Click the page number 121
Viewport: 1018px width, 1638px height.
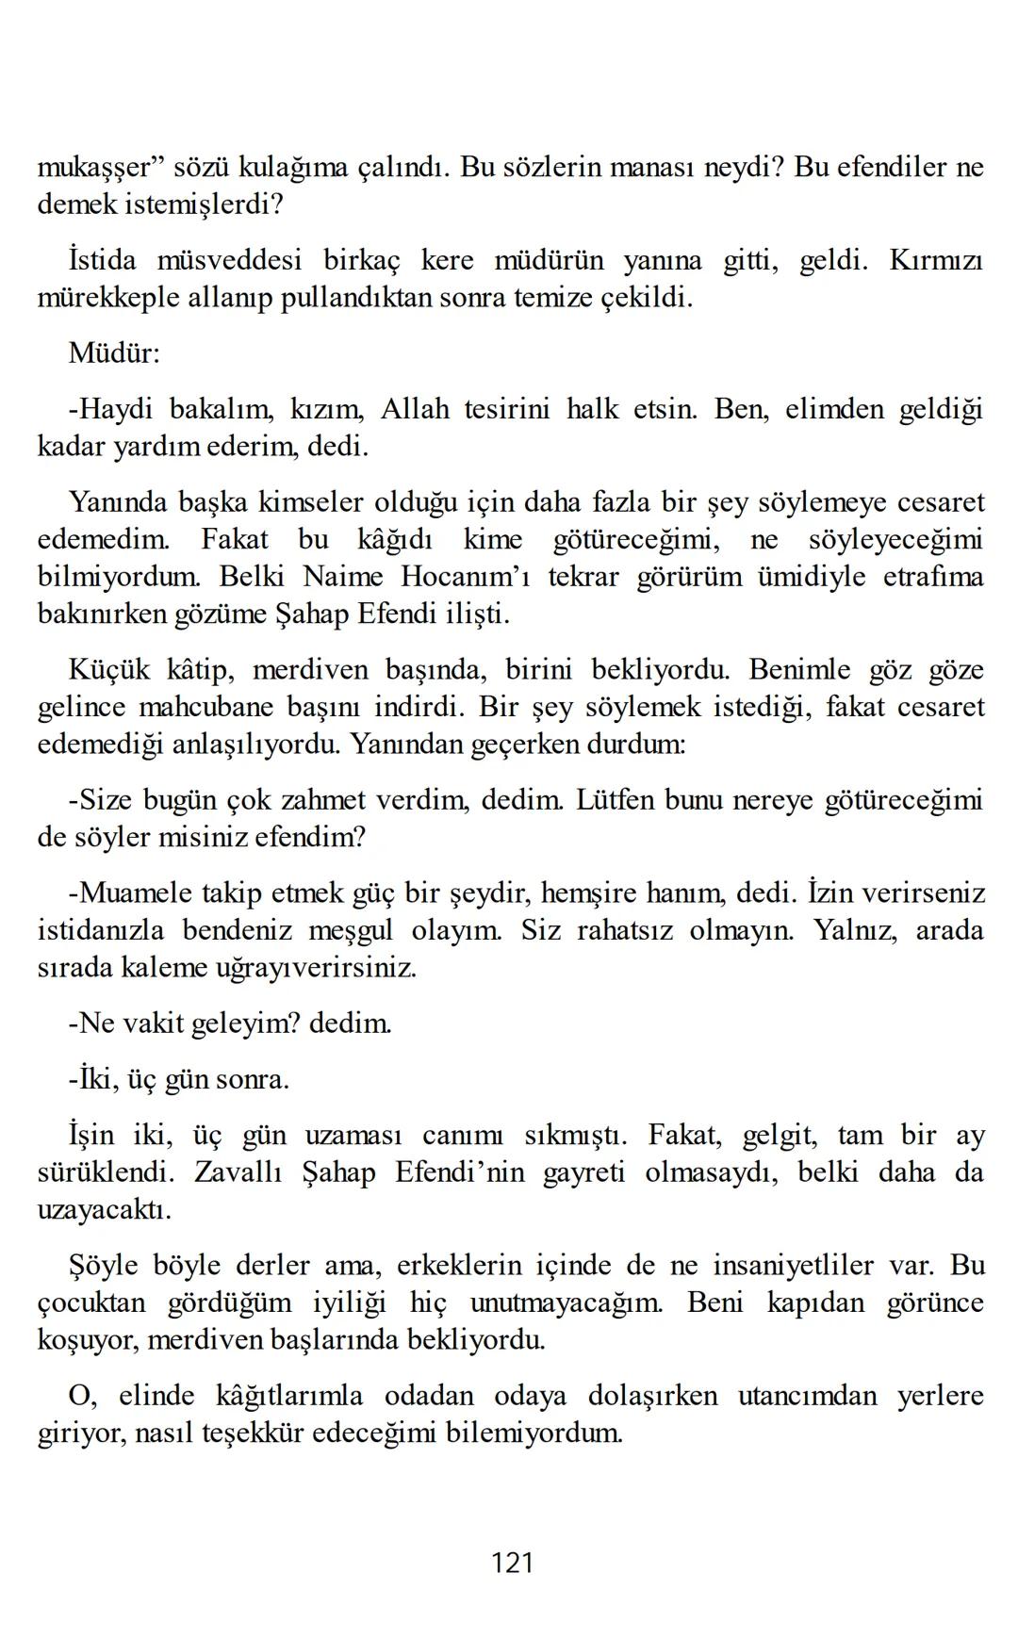(x=513, y=1564)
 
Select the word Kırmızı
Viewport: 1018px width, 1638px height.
(x=935, y=260)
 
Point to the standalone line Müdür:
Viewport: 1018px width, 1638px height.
(x=114, y=353)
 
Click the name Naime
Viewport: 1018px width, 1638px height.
(x=343, y=576)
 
